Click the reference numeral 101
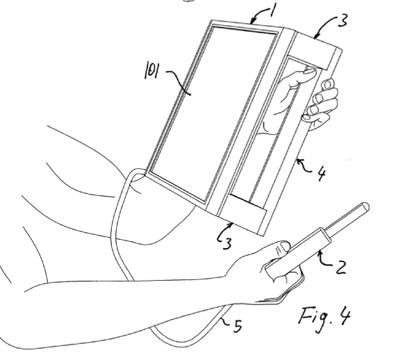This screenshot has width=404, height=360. pyautogui.click(x=152, y=70)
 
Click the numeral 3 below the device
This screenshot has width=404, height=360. pyautogui.click(x=227, y=243)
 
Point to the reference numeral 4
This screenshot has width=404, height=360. pyautogui.click(x=321, y=174)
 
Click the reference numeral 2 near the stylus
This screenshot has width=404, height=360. pyautogui.click(x=340, y=268)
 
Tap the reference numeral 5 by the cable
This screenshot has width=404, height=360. pyautogui.click(x=238, y=326)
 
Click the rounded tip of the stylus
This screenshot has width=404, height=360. pyautogui.click(x=366, y=206)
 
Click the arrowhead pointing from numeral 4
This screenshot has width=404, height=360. pyautogui.click(x=298, y=161)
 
